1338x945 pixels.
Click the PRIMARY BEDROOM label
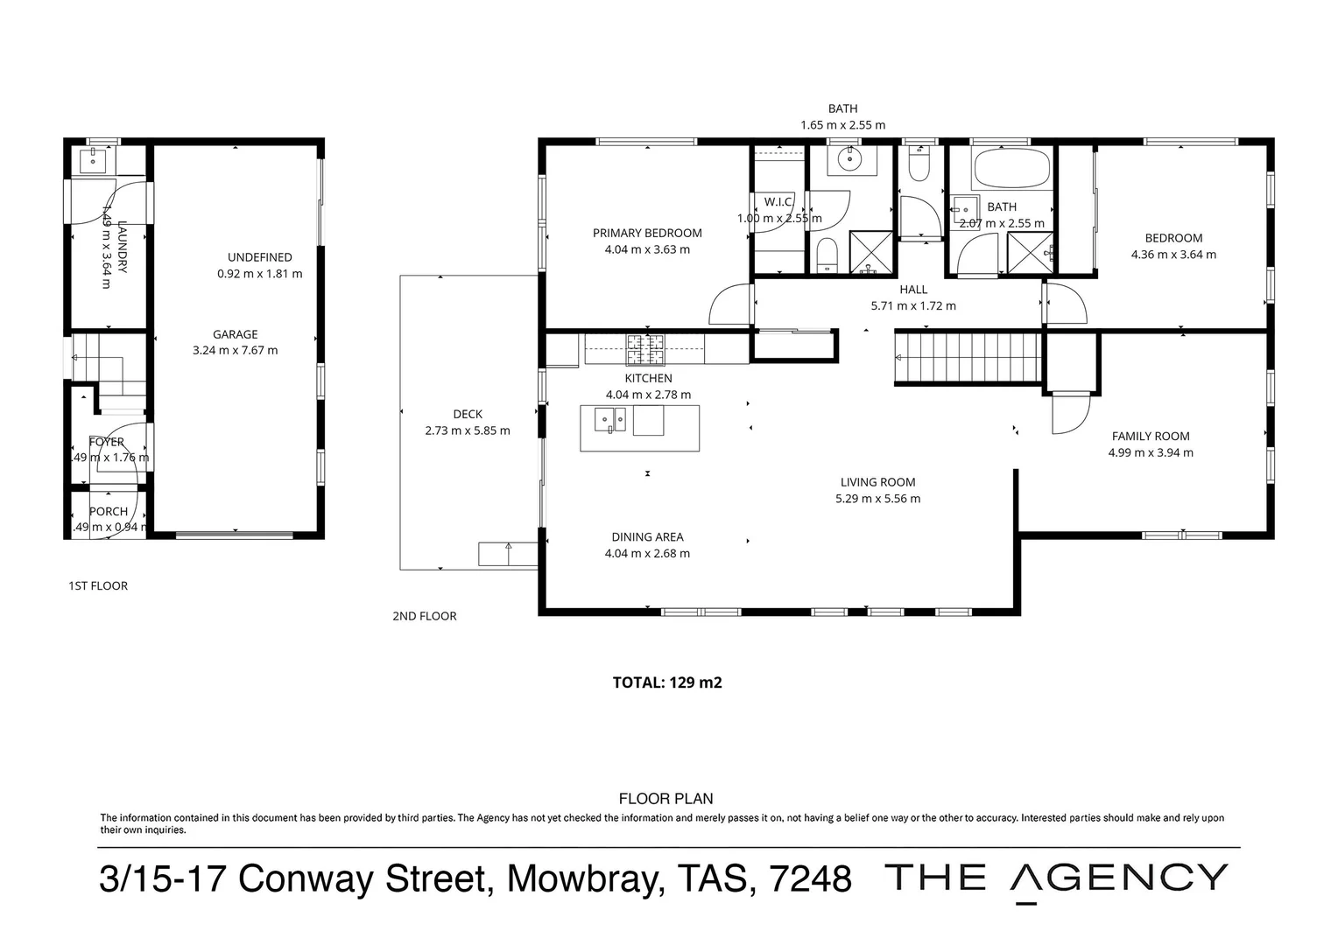[647, 233]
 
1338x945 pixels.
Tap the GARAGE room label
[235, 334]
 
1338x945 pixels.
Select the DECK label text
[468, 414]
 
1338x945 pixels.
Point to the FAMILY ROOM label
[1150, 436]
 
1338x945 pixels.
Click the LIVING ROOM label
[877, 482]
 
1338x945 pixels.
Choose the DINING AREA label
[647, 537]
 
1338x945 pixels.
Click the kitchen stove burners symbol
[645, 350]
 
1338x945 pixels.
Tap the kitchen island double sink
[610, 421]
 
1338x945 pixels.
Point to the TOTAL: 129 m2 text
[666, 682]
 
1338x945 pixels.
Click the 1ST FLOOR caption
[98, 586]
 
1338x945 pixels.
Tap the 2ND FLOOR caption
[425, 616]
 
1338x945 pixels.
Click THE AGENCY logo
[1057, 878]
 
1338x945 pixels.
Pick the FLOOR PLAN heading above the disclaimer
[665, 798]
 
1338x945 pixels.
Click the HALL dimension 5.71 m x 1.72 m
[913, 306]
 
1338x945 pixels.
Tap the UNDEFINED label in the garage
[259, 257]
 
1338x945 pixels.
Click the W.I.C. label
[778, 202]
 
